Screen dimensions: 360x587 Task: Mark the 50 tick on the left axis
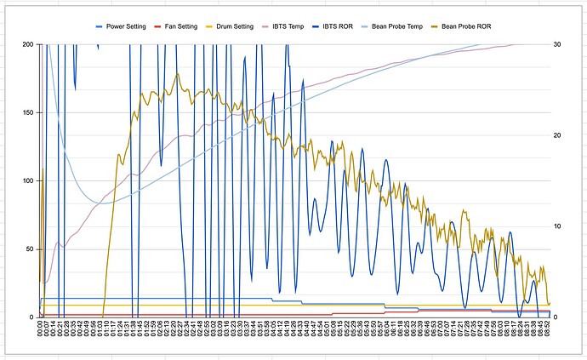point(28,249)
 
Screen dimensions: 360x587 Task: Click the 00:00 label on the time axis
point(42,329)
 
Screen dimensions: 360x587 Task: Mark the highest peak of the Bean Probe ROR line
point(178,74)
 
